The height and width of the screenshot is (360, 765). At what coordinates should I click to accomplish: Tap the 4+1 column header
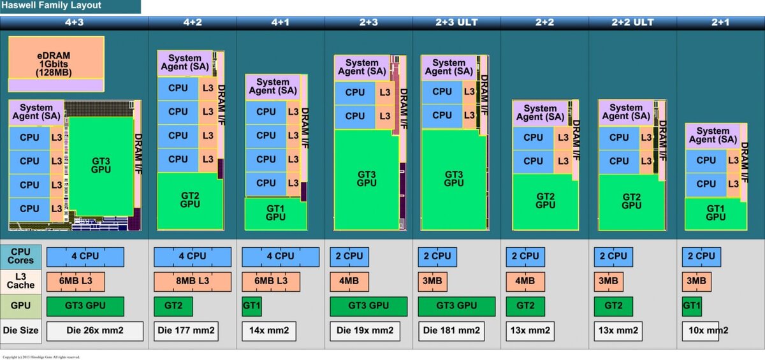click(x=280, y=22)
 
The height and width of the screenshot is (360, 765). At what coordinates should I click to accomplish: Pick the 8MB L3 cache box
click(x=192, y=281)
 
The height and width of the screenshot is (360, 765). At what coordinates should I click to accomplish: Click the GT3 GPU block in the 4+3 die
click(x=100, y=164)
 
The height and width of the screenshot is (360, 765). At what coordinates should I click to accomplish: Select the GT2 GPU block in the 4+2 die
click(x=190, y=199)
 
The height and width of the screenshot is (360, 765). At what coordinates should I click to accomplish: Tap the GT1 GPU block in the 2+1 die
click(x=716, y=213)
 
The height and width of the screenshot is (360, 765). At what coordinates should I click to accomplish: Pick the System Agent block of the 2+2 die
click(x=540, y=113)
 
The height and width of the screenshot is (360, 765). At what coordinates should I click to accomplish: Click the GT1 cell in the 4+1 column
click(x=251, y=306)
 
